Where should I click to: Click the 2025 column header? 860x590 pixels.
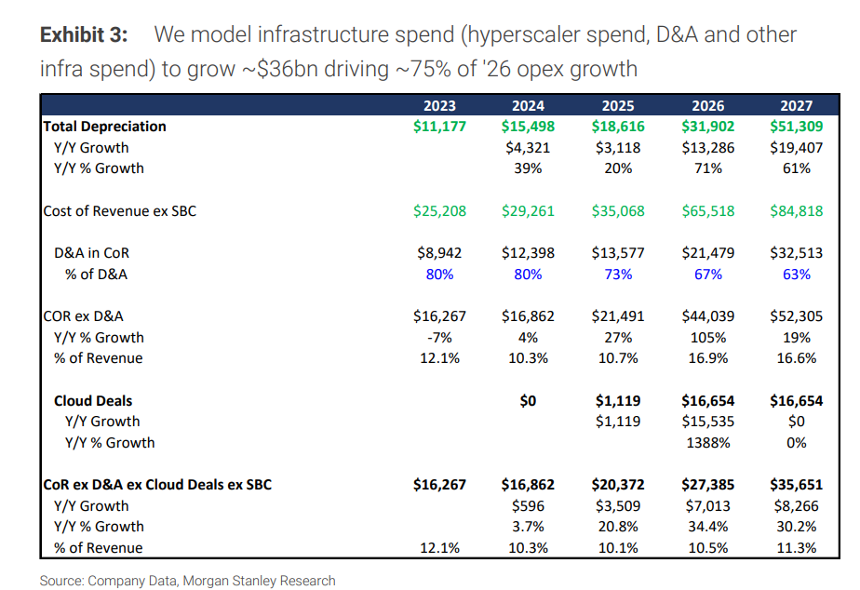[x=617, y=105]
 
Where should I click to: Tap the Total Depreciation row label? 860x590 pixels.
[x=105, y=126]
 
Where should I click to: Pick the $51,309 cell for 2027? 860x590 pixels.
[x=797, y=126]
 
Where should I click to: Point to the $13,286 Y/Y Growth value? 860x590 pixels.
[x=708, y=147]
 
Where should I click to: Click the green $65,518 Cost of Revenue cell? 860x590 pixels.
[x=708, y=210]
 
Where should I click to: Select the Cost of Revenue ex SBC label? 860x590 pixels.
[x=120, y=210]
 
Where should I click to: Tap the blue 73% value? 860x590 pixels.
[x=618, y=274]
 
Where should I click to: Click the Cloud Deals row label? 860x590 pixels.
[x=93, y=400]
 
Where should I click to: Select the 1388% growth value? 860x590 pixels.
[x=708, y=442]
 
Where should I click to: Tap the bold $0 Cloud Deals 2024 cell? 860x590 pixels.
[x=529, y=400]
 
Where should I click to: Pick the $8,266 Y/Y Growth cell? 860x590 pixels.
[x=797, y=505]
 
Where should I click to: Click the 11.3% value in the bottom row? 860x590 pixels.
[x=797, y=547]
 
